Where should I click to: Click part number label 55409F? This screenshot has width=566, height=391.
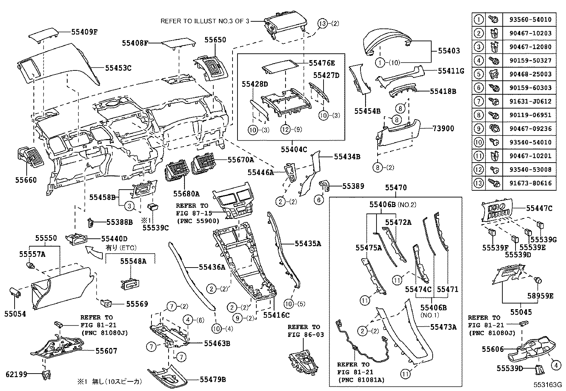84,32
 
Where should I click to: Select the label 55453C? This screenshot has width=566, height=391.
118,67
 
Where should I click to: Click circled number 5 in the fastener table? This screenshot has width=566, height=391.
479,74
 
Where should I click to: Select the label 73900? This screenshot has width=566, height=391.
443,128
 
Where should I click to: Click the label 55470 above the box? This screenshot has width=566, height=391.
396,187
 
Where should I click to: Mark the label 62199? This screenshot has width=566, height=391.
16,374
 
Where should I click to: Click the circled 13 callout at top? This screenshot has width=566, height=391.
322,24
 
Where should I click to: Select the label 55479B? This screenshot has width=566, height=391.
213,379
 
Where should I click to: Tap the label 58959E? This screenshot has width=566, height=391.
540,295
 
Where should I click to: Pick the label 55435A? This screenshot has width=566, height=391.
308,244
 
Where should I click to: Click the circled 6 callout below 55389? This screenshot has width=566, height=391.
319,200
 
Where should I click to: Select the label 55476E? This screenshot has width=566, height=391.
322,63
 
